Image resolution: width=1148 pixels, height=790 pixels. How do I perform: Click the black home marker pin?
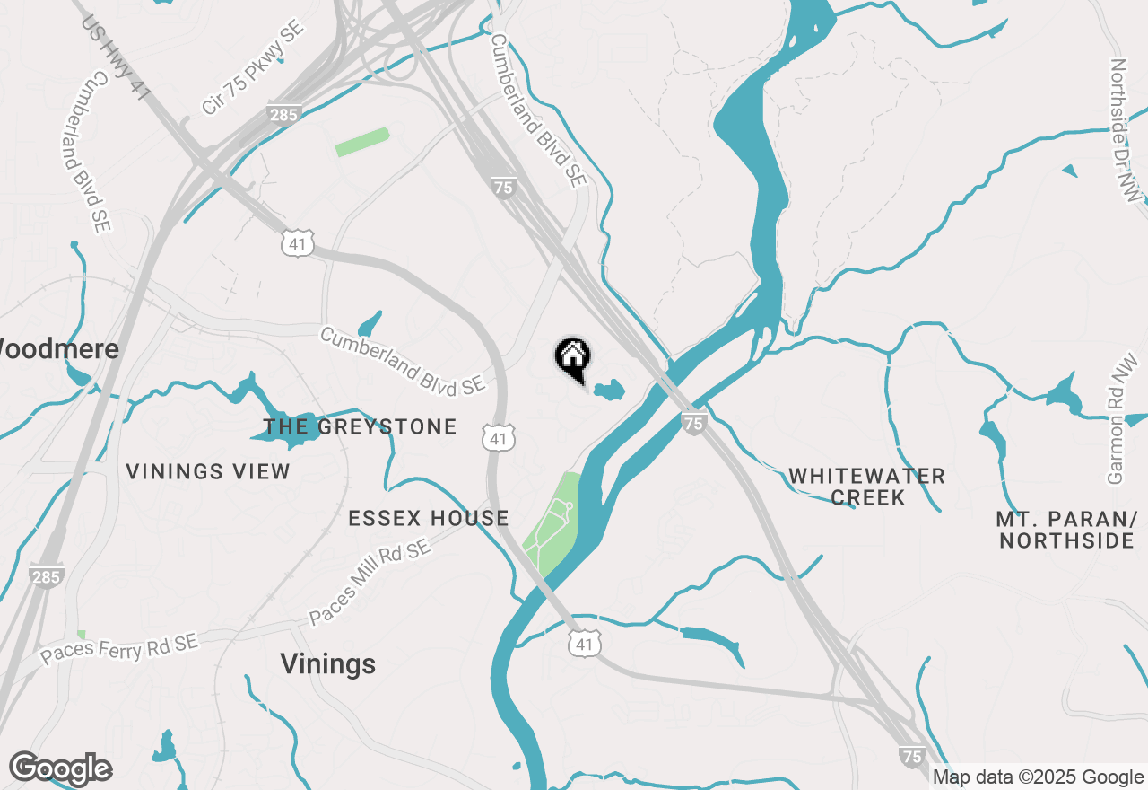pos(572,358)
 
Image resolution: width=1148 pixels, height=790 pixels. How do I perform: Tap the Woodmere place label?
pos(57,349)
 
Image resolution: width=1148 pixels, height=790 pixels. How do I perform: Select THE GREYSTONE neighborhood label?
pos(361,426)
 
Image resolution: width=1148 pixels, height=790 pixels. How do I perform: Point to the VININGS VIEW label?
pos(208,471)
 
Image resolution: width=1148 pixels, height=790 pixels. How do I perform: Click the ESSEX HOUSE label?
pos(429,518)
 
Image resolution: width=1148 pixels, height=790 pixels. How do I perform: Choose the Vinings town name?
pos(327,664)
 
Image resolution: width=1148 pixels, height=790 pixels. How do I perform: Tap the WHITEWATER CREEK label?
pos(866,487)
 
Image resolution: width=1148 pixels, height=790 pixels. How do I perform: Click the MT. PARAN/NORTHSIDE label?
pos(1065,530)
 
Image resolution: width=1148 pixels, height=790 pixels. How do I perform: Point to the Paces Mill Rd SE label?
pos(370,583)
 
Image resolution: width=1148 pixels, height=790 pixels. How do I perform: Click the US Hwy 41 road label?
pos(116,56)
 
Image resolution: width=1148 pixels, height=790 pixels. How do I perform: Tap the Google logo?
pos(60,769)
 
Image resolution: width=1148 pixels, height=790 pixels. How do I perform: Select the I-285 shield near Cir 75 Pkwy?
pos(283,114)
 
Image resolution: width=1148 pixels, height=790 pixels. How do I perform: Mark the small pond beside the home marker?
pos(608,391)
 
